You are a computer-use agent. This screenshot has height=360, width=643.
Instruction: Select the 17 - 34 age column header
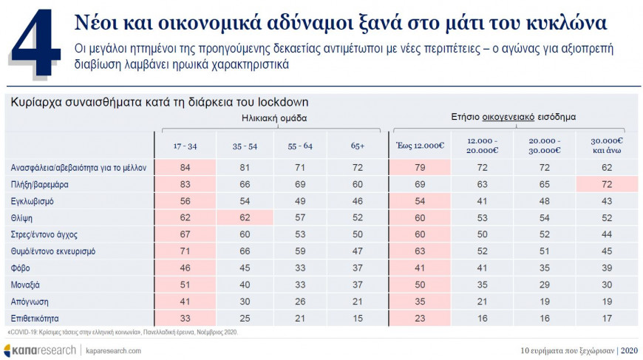tap(185, 146)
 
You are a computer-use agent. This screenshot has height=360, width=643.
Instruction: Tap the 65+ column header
tap(358, 146)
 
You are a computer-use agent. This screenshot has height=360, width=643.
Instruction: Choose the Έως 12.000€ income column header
tap(420, 146)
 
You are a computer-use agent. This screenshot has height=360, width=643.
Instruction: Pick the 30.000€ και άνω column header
tap(607, 146)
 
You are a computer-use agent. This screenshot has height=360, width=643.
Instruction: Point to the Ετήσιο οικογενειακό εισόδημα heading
tap(514, 117)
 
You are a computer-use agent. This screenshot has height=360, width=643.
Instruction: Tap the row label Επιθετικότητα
tap(35, 319)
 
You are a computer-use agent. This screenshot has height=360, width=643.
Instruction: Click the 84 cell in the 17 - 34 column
tap(186, 167)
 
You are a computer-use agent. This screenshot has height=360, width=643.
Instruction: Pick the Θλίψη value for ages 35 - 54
tap(244, 218)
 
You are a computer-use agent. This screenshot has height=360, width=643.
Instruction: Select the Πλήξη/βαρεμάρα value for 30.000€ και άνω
tap(606, 184)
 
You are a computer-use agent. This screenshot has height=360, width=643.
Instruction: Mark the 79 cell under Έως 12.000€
tap(420, 167)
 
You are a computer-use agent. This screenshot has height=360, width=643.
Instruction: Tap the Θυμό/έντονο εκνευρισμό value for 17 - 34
tap(186, 251)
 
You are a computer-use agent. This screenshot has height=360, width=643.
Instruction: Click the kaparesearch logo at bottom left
tap(40, 350)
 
